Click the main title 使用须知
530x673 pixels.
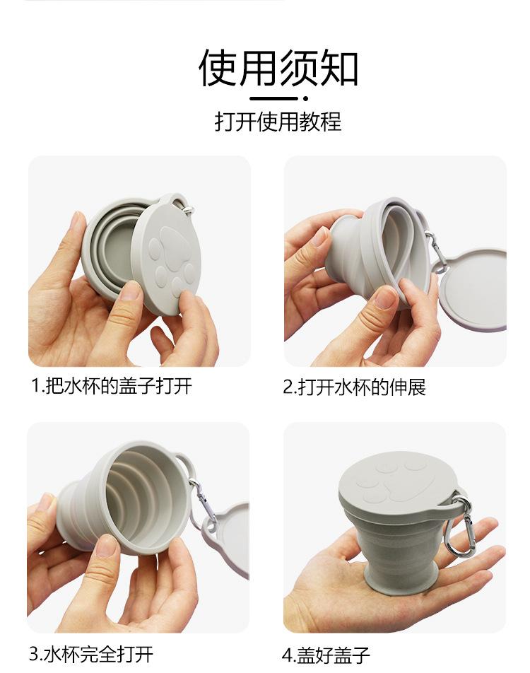tap(278, 67)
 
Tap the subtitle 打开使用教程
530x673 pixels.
tap(278, 122)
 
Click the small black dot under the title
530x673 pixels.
tap(305, 99)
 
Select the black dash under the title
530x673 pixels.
tap(273, 99)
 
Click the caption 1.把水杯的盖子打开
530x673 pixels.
tap(112, 385)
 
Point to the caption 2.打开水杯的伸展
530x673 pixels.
tap(354, 387)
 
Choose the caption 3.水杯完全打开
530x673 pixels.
tap(91, 654)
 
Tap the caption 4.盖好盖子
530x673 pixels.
tap(326, 655)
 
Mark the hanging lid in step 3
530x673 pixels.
tap(228, 541)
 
